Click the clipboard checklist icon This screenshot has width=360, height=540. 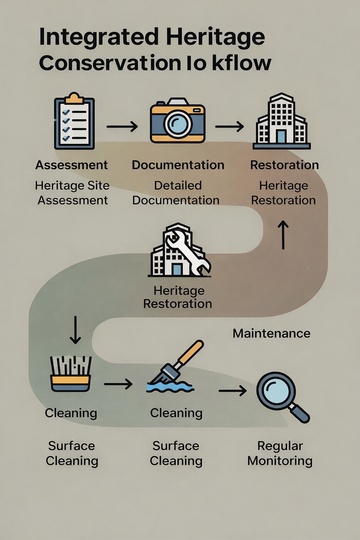pos(74,121)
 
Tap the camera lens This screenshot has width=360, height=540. pos(178,124)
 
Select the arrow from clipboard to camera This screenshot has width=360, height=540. pos(122,126)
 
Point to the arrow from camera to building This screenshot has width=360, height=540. pos(229,126)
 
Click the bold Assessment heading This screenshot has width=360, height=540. pos(71,165)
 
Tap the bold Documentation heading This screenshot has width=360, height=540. pos(178,165)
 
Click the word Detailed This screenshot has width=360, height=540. pos(178,185)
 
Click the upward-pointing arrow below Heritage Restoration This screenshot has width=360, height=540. pos(283,234)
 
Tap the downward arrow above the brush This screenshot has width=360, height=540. pos(75,329)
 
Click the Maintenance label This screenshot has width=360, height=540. pos(271,333)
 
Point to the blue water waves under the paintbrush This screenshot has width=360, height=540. pos(170,387)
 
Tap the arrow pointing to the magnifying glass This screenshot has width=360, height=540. pos(232,391)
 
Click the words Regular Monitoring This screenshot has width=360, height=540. pos(280,453)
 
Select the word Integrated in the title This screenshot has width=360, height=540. pos(99,37)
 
